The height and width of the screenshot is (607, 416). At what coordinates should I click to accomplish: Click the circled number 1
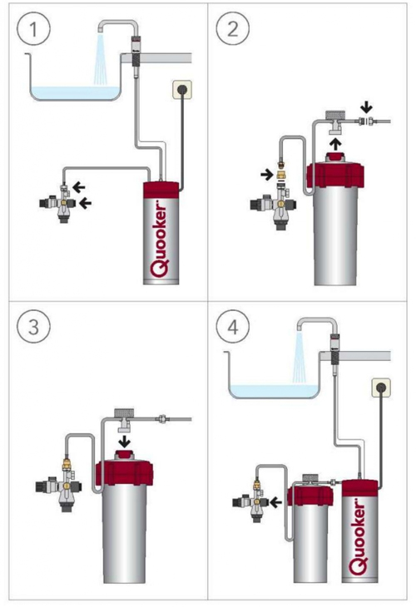33,29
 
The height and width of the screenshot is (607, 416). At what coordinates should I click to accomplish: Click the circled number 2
232,29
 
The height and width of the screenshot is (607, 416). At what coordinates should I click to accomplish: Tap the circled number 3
33,327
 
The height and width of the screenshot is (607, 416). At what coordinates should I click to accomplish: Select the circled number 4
232,327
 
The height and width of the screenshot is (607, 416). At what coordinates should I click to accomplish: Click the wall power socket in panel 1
182,91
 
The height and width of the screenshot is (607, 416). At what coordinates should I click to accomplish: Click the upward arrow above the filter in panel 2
335,144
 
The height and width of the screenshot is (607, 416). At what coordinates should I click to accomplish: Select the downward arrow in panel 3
124,441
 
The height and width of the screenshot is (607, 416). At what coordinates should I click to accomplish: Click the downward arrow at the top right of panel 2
366,106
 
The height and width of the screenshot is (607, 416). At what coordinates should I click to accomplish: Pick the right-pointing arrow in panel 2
266,175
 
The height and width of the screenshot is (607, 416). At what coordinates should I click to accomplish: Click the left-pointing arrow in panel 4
275,503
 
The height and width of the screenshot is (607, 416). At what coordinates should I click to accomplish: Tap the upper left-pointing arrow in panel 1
79,188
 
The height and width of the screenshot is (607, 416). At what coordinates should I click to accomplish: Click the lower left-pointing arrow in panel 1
85,202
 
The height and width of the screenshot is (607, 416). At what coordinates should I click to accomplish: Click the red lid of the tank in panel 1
161,190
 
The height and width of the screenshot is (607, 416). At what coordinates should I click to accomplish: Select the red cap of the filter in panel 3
124,471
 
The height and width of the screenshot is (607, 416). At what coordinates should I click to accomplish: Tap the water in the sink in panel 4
275,391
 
